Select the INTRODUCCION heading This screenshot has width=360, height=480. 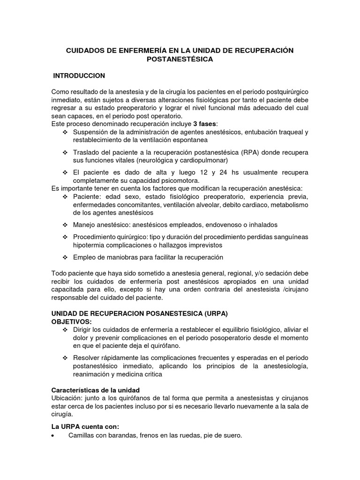point(79,75)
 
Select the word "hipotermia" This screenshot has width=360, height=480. point(89,245)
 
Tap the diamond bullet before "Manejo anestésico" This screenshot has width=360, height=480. point(65,225)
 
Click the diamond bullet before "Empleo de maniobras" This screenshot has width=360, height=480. point(65,257)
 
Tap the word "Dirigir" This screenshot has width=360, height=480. point(83,330)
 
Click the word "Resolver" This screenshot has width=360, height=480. point(87,358)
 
